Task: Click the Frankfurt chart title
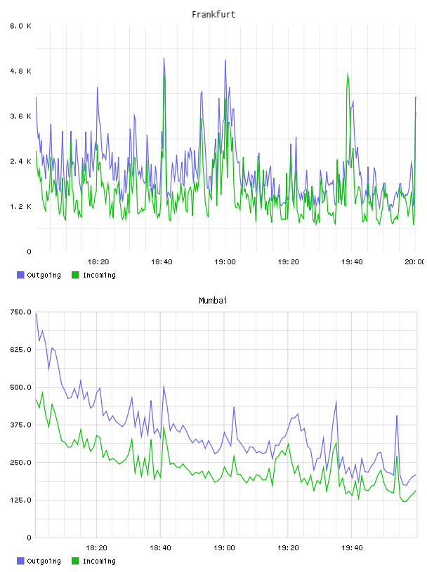coord(213,15)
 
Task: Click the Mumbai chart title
coord(213,301)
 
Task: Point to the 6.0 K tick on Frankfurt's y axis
coord(20,26)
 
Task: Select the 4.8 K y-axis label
coord(20,71)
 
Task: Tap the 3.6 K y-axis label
coord(20,116)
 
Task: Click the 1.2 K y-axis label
coord(20,207)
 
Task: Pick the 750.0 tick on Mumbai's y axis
coord(20,312)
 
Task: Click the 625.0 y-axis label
coord(20,350)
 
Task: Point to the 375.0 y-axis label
coord(20,425)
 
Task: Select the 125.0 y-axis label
coord(20,500)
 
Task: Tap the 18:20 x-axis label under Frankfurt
coord(98,261)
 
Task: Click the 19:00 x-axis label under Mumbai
coord(224,547)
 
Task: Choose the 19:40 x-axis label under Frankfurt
coord(352,261)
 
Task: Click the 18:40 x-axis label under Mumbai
coord(160,547)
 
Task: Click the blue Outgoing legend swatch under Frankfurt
coord(20,275)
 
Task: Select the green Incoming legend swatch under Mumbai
coord(75,561)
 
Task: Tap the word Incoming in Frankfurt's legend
coord(99,275)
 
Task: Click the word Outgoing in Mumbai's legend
coord(44,561)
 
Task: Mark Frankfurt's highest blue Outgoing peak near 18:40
coord(164,58)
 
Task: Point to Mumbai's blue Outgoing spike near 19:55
coord(397,416)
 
